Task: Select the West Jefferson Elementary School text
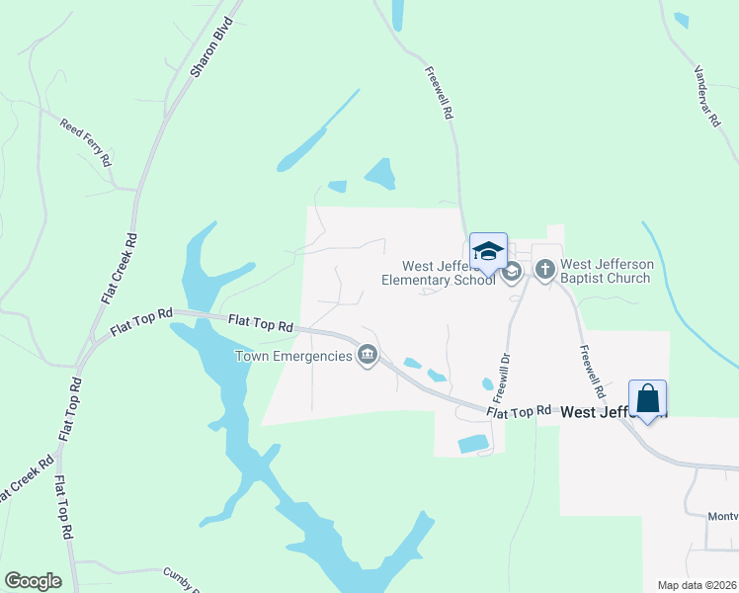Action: [x=439, y=273]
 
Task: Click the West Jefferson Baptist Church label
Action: [x=606, y=271]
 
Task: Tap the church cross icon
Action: [x=544, y=269]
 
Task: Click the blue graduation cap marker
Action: [x=488, y=250]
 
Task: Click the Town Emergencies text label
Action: [x=292, y=356]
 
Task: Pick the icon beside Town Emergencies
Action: [x=368, y=355]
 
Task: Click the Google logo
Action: [x=33, y=581]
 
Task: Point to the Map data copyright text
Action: [x=697, y=585]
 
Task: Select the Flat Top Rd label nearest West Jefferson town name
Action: [x=518, y=410]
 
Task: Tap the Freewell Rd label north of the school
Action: [x=439, y=93]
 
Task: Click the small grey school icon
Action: [x=511, y=272]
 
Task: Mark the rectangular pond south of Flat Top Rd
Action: [x=473, y=444]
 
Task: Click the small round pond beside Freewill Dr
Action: [x=487, y=383]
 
